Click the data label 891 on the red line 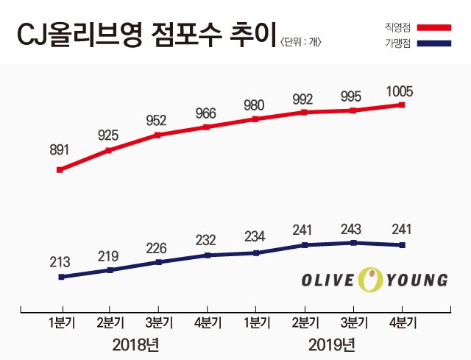pos(60,150)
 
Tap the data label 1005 pos(400,92)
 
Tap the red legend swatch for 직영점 pos(438,29)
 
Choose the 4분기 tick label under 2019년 pos(402,322)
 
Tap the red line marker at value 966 pos(207,127)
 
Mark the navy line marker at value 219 pos(109,270)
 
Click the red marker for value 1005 pos(402,105)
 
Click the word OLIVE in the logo pos(329,280)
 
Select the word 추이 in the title pos(252,32)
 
